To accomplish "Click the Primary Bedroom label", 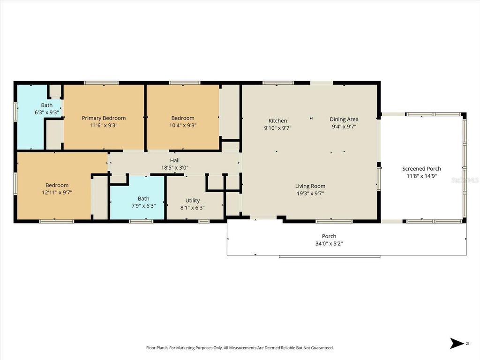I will (x=104, y=118).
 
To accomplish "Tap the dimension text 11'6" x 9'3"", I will (x=104, y=126).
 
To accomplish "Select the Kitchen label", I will (x=277, y=120).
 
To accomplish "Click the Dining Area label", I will (x=344, y=119).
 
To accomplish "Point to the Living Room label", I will (x=310, y=186).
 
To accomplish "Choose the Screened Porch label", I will (x=421, y=169).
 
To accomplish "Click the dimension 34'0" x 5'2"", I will (x=329, y=243).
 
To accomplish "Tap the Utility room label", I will (x=192, y=200).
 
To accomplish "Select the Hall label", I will (x=175, y=160).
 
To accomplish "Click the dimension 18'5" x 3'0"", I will (x=175, y=167).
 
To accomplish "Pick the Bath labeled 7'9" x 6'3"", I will (x=143, y=198).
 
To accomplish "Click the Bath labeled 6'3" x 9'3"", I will (x=47, y=105).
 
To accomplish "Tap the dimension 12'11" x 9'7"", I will (x=57, y=192).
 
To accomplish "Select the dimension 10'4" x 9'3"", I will (x=182, y=126).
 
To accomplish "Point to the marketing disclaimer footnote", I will (x=240, y=348).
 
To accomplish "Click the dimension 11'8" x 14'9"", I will (x=421, y=176).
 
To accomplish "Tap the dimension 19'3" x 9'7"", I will (x=310, y=193).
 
